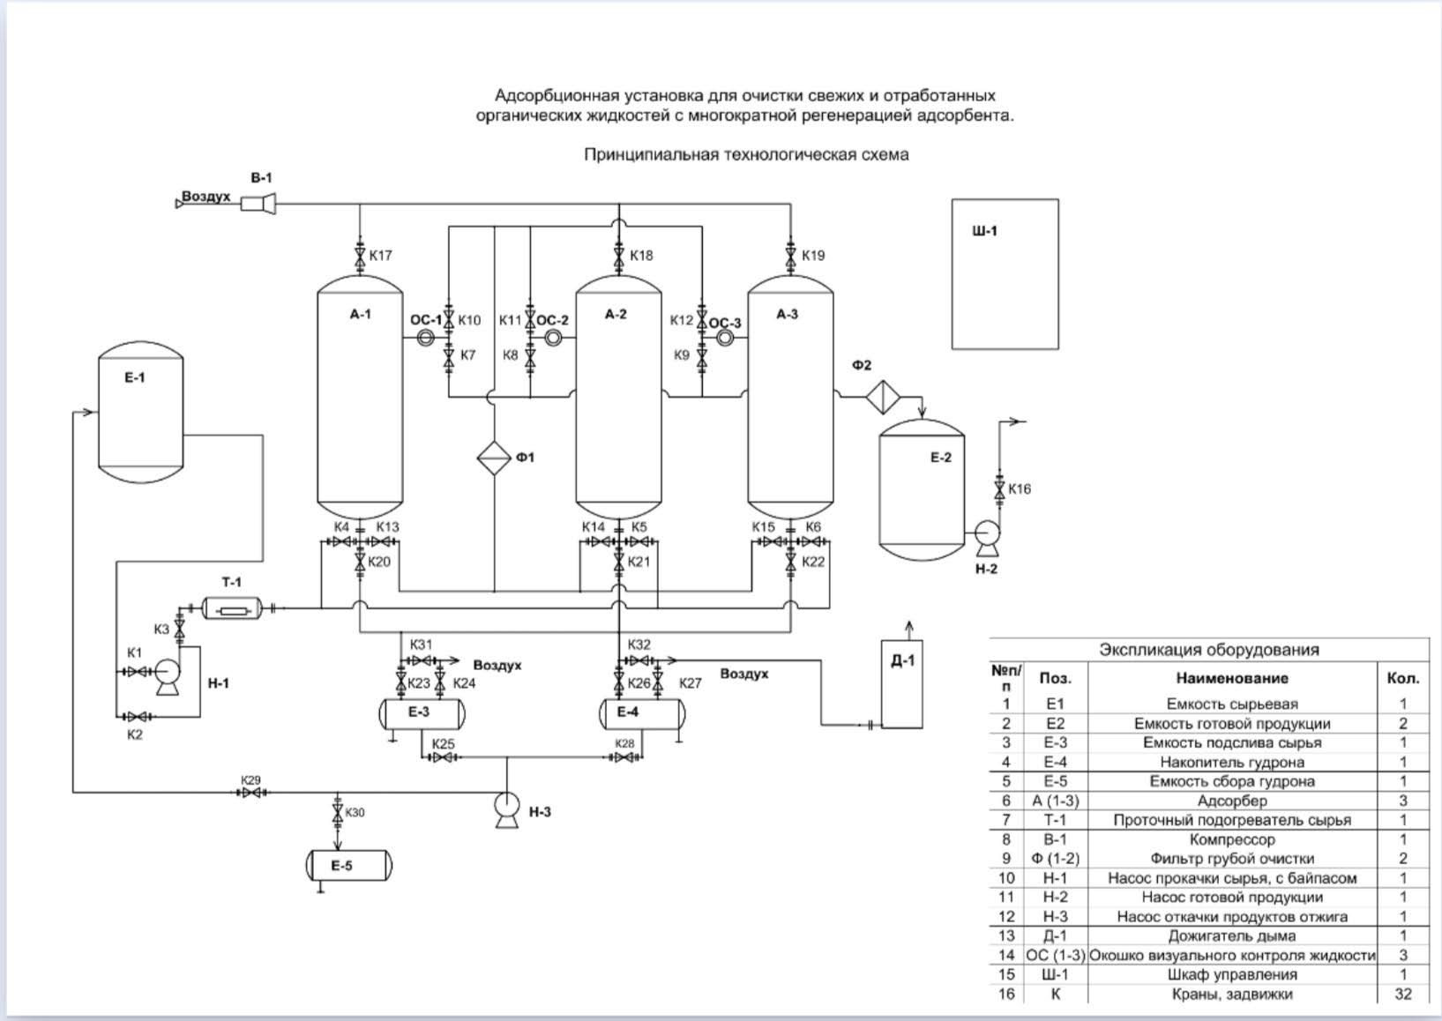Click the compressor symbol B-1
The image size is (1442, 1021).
[x=258, y=204]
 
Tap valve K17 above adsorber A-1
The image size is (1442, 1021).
[x=360, y=257]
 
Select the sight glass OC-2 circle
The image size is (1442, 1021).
[x=553, y=338]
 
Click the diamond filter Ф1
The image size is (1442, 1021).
[x=494, y=458]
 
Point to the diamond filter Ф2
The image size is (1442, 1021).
[x=883, y=397]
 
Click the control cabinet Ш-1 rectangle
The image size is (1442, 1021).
[x=1005, y=274]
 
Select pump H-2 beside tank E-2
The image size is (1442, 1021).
[x=987, y=538]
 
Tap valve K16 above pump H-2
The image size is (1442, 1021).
[x=999, y=488]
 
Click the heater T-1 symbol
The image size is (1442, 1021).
[x=232, y=608]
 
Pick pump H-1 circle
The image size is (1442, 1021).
[x=168, y=672]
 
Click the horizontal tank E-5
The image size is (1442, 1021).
[x=349, y=865]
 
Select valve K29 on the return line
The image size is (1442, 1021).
[x=251, y=793]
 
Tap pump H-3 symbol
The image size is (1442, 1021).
[x=506, y=809]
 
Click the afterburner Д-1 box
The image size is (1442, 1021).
[x=902, y=683]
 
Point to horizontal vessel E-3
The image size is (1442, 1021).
[x=422, y=714]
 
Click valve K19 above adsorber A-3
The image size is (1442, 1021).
[x=790, y=257]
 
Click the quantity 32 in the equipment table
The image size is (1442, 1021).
[x=1403, y=994]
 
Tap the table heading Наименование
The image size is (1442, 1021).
[x=1232, y=678]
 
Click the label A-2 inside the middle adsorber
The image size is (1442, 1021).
[x=616, y=314]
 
